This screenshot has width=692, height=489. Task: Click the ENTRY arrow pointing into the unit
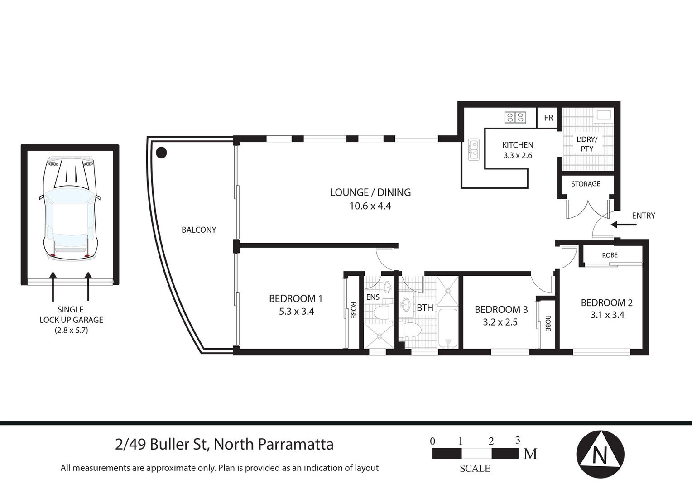pos(624,225)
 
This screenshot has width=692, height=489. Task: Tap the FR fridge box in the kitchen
pos(548,118)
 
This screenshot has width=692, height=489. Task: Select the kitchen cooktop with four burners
pos(515,117)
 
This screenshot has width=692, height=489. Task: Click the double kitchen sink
pos(474,150)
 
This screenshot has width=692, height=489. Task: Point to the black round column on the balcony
pos(161,152)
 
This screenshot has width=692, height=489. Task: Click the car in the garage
pos(70,208)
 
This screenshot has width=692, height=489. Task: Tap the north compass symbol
pos(600,455)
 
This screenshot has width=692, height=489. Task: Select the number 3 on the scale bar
pos(518,440)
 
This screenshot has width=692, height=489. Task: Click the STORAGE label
pos(586,184)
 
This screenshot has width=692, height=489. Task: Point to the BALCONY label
pos(199,230)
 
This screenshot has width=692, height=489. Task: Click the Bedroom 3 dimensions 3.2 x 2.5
pos(500,322)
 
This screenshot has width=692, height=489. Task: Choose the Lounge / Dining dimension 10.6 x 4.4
pos(370,206)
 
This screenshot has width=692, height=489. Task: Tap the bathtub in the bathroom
pos(447,328)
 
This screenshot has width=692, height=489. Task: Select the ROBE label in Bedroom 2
pos(610,255)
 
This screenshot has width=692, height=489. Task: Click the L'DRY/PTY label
pos(587,144)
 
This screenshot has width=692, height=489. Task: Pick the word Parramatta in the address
pos(296,445)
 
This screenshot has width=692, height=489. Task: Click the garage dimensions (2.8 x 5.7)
pos(72,330)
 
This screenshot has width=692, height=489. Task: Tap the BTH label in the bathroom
pos(425,308)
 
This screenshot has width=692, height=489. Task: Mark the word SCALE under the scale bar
pos(475,469)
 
